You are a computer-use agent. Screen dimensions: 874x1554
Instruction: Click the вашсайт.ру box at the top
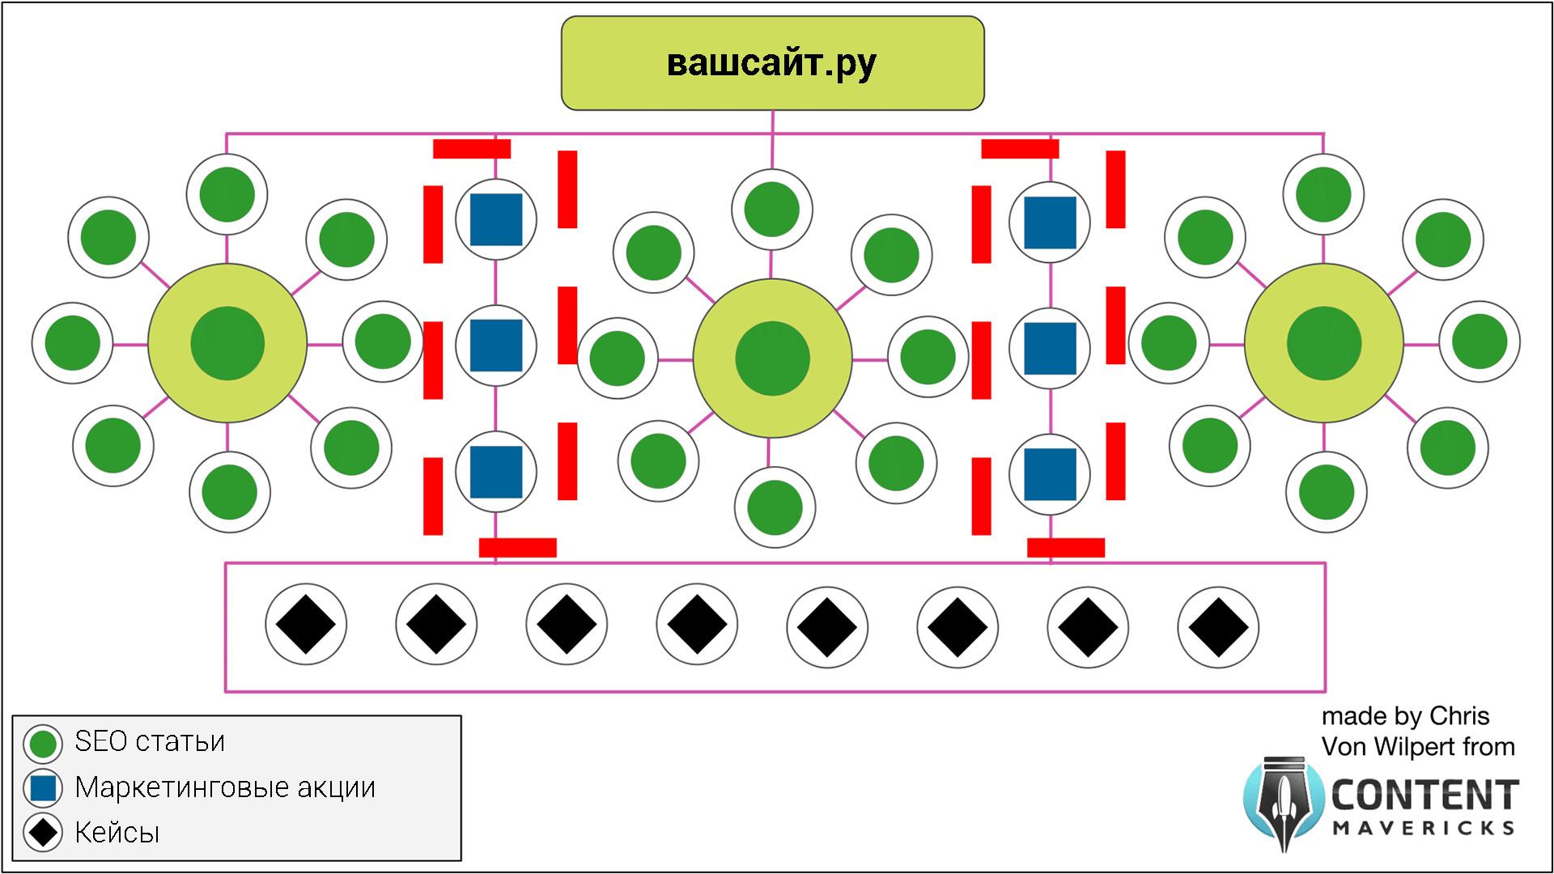pyautogui.click(x=772, y=63)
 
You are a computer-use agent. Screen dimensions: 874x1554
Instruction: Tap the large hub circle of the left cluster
pyautogui.click(x=227, y=343)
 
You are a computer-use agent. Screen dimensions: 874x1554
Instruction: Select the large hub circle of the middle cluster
pyautogui.click(x=772, y=359)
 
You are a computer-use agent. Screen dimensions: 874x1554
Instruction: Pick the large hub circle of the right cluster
pyautogui.click(x=1323, y=343)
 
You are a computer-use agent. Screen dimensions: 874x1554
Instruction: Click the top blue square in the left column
pyautogui.click(x=496, y=219)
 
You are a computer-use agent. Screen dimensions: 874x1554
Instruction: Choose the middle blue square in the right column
pyautogui.click(x=1050, y=349)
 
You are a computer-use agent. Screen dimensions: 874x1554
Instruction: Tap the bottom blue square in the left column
pyautogui.click(x=496, y=472)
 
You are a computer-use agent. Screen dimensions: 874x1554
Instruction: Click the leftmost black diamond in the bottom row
pyautogui.click(x=306, y=625)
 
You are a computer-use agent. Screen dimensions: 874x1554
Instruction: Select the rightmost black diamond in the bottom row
pyautogui.click(x=1218, y=627)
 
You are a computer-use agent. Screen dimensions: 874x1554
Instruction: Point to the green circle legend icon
pyautogui.click(x=43, y=744)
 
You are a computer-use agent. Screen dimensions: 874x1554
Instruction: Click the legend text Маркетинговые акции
pyautogui.click(x=225, y=787)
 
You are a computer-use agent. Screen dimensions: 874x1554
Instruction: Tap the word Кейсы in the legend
pyautogui.click(x=117, y=833)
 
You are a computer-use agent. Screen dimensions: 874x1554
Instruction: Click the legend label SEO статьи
pyautogui.click(x=150, y=741)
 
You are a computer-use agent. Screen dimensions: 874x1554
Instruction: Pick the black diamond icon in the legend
pyautogui.click(x=43, y=833)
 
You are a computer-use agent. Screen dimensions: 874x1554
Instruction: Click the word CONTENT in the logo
pyautogui.click(x=1424, y=796)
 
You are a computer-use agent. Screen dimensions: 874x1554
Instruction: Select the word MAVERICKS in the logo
pyautogui.click(x=1424, y=829)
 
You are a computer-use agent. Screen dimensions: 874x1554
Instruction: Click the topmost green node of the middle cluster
pyautogui.click(x=772, y=210)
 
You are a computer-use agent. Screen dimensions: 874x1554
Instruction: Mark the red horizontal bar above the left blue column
pyautogui.click(x=472, y=149)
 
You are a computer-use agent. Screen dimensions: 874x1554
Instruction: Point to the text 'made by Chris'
pyautogui.click(x=1405, y=716)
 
